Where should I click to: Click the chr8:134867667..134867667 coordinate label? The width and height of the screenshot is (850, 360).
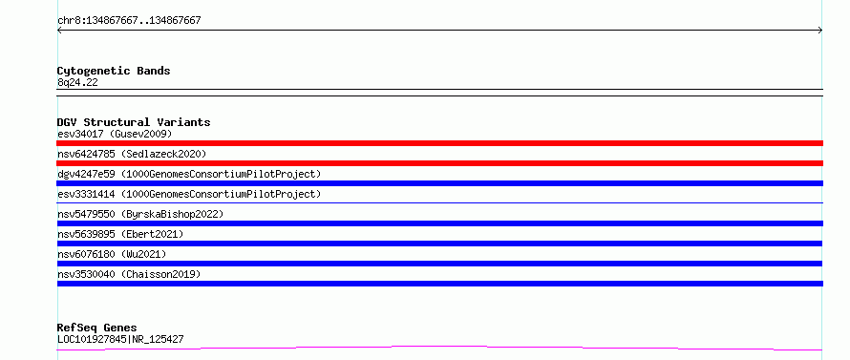click(x=129, y=21)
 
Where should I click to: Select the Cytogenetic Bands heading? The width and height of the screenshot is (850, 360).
click(x=114, y=71)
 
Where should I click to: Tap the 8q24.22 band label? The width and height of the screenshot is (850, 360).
click(x=77, y=83)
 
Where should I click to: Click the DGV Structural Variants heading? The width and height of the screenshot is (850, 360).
click(x=134, y=122)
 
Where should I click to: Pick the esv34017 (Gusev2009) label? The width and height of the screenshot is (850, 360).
click(x=115, y=134)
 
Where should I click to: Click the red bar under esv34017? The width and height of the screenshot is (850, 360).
click(x=439, y=143)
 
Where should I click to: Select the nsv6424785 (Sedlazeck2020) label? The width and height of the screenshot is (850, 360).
click(x=132, y=154)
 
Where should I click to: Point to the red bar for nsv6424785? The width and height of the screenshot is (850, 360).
click(x=439, y=163)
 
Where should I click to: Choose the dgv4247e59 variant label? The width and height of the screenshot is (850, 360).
click(x=189, y=174)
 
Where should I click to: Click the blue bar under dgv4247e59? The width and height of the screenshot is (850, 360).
click(x=439, y=183)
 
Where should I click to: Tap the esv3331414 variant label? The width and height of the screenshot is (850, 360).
click(x=189, y=194)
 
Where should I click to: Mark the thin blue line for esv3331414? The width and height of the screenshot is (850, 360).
click(x=439, y=202)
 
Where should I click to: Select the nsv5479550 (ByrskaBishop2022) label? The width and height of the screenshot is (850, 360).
click(x=140, y=214)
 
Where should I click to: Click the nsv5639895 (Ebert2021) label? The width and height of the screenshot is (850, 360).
click(x=120, y=234)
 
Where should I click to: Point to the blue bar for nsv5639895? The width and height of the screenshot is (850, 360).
click(x=439, y=244)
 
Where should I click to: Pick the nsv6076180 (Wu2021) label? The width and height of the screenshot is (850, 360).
click(x=112, y=254)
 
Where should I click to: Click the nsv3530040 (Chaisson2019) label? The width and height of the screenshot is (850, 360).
click(x=129, y=274)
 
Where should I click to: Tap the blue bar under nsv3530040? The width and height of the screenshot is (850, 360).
click(x=439, y=284)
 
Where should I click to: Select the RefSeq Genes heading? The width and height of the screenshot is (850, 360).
click(x=96, y=328)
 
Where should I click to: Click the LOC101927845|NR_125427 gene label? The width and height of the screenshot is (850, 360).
click(x=120, y=339)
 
